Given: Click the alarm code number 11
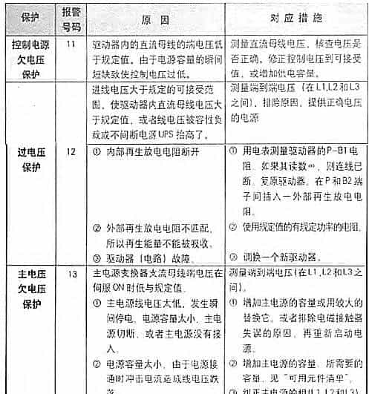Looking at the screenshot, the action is tap(71, 45).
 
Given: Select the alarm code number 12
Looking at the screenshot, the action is tap(71, 151).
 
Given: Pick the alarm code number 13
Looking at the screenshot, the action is tap(72, 273).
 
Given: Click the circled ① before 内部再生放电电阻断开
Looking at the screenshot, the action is tap(99, 151).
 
